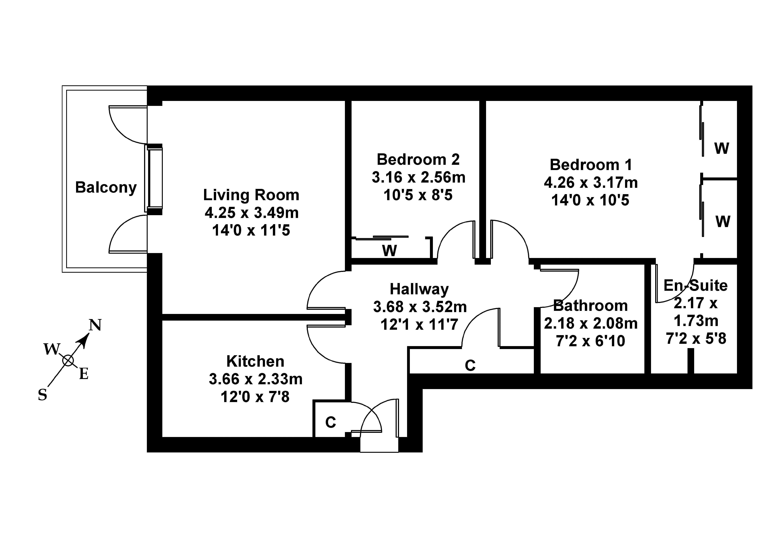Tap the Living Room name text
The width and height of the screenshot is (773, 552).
(x=251, y=195)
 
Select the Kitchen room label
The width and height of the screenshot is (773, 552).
(x=255, y=361)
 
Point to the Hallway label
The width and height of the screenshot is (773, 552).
(x=419, y=289)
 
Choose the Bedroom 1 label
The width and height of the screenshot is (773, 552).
(x=591, y=165)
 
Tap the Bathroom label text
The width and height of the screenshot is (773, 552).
(x=590, y=306)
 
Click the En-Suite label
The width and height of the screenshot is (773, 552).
(x=696, y=286)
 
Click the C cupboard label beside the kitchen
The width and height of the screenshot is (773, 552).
(x=330, y=422)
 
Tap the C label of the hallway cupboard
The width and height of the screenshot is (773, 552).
(x=470, y=366)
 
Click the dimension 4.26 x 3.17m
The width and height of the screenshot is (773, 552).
(x=591, y=183)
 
